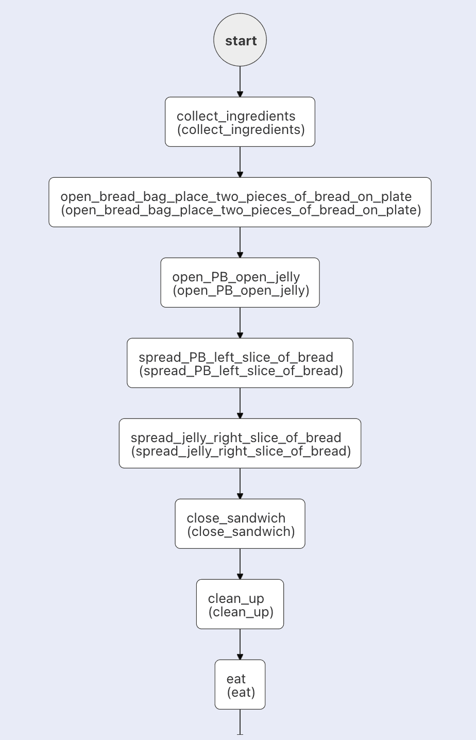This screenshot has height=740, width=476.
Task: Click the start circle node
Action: point(240,40)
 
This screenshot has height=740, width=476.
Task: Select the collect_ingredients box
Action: point(240,122)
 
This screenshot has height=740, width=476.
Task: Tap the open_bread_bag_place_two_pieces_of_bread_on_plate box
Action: point(240,202)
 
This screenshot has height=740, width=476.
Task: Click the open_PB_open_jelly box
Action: point(240,283)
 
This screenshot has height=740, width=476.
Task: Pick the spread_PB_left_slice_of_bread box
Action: point(240,363)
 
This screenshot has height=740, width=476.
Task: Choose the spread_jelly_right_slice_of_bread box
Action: point(240,443)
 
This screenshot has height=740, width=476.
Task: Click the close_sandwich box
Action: point(240,524)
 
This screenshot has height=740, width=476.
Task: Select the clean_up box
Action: point(240,604)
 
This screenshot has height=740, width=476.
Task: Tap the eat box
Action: point(240,684)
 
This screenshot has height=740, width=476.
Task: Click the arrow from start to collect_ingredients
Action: point(240,81)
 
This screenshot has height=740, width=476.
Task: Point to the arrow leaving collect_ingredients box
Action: point(240,162)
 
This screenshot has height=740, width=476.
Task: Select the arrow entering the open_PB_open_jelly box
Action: point(240,243)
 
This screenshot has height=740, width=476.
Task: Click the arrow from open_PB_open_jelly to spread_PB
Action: point(240,323)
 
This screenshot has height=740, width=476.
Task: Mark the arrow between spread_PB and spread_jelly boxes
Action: point(240,403)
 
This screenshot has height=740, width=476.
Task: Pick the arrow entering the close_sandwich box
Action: point(240,484)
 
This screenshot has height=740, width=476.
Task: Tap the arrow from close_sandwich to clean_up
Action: point(240,564)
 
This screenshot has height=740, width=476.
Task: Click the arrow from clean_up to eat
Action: point(240,644)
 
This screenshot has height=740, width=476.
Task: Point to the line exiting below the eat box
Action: point(240,722)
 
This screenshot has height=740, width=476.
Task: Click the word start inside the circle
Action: point(241,41)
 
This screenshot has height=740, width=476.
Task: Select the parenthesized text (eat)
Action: point(241,693)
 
